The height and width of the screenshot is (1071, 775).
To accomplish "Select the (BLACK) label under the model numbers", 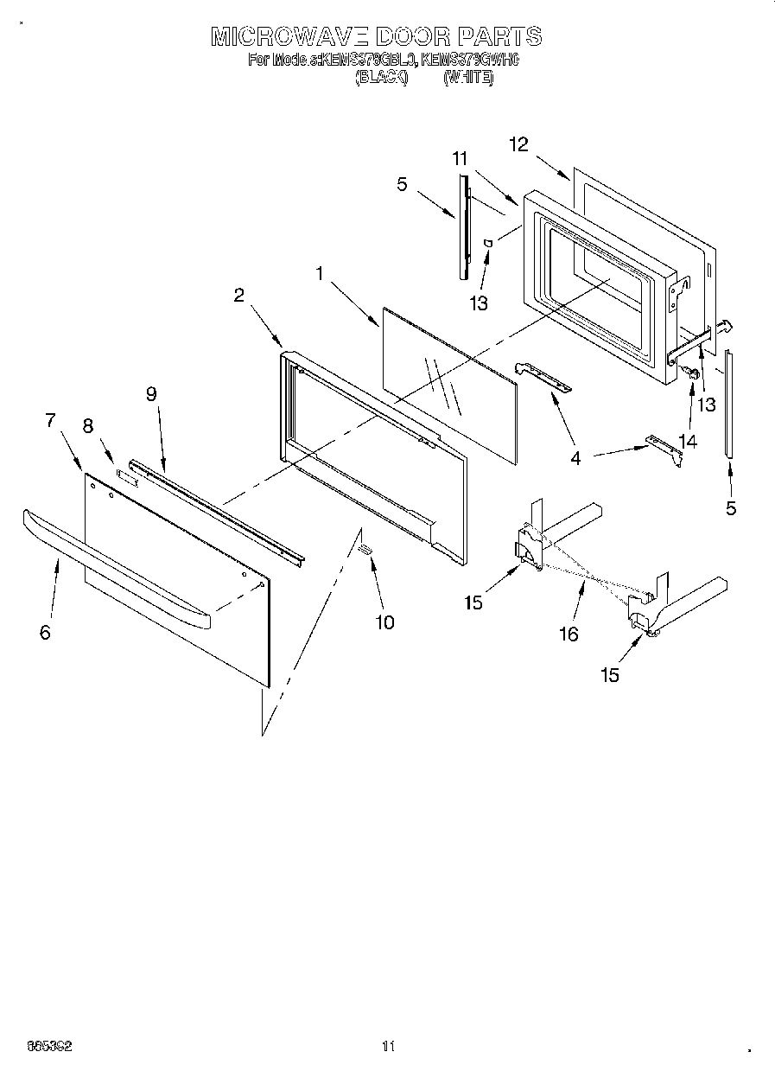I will point(380,78).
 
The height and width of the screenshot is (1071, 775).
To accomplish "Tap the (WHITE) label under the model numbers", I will point(468,78).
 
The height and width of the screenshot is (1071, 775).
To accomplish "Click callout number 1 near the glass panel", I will point(320,274).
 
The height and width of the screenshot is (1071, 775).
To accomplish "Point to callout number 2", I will point(239,295).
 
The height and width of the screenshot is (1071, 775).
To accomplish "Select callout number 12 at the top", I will point(518,145).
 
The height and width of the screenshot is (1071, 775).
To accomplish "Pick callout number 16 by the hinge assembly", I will point(568,634).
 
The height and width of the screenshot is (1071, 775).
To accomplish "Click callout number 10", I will point(384,622).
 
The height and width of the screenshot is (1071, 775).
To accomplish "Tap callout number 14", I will point(687,442).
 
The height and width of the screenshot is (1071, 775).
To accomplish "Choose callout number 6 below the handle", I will point(45,632).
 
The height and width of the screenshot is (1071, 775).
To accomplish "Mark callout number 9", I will point(151,394).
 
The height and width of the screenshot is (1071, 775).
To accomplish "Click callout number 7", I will point(50,421).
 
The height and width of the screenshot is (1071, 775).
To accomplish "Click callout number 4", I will point(575,458).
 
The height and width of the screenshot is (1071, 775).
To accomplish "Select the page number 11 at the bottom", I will point(388,1046).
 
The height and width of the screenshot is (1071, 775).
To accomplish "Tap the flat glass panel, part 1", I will point(449,380).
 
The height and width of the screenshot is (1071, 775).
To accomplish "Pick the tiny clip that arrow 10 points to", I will point(365,550).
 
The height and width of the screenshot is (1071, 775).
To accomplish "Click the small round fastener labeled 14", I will point(690,373).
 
